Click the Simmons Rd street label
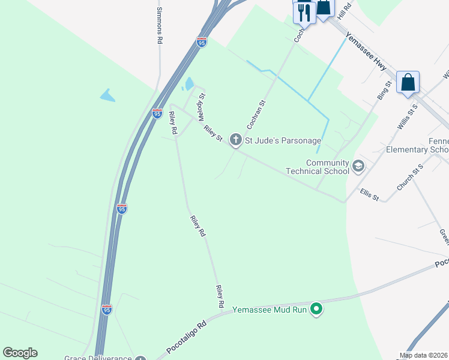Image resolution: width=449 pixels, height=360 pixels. (159, 26)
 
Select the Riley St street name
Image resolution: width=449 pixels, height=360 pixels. (213, 134)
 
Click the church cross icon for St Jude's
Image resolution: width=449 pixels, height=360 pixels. (236, 140)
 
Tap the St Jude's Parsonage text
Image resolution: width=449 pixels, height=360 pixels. (283, 140)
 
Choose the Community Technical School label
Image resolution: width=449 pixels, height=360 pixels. (327, 167)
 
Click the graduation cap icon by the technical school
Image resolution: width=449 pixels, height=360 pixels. (358, 166)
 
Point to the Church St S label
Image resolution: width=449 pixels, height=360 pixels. (410, 177)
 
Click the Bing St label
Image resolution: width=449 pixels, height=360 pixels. (384, 90)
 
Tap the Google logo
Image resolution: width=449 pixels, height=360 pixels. (20, 353)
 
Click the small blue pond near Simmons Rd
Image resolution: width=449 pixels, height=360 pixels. (107, 95)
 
